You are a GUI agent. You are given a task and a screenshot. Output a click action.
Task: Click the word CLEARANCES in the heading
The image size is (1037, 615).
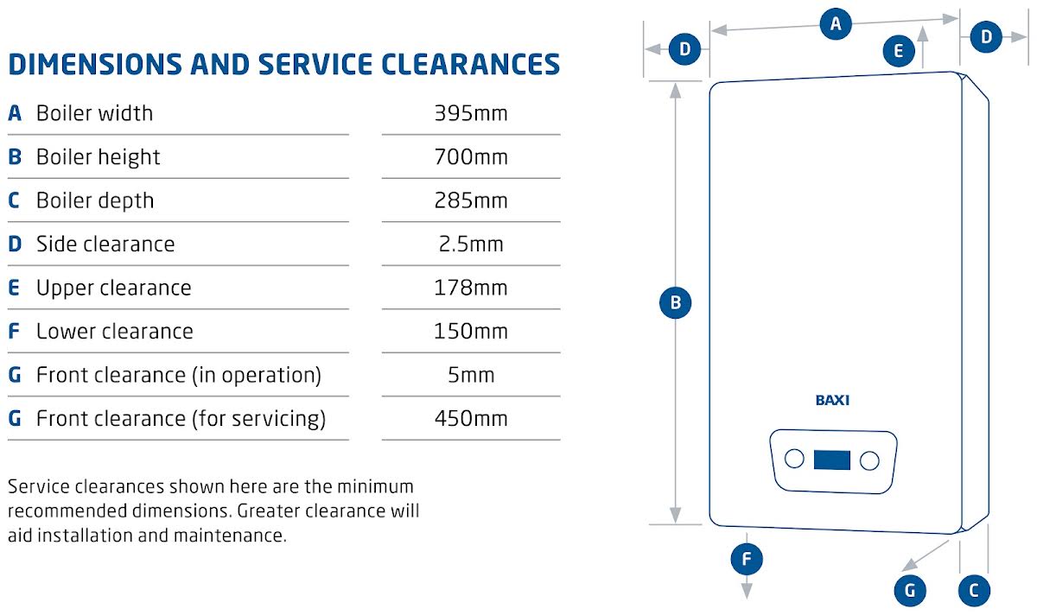[470, 64]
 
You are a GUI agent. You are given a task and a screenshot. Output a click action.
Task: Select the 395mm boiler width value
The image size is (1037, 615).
[471, 113]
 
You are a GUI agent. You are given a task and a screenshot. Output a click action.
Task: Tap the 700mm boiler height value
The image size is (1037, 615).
[471, 157]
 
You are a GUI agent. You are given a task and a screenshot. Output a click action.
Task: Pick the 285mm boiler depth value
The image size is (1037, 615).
[471, 200]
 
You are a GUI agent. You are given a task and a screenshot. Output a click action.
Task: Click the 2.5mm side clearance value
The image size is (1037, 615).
[471, 244]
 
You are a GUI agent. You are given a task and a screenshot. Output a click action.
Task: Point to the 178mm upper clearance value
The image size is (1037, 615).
[471, 288]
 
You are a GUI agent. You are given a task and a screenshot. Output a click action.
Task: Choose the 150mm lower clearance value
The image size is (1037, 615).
[471, 332]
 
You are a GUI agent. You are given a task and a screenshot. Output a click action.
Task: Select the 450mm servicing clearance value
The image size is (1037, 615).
[471, 419]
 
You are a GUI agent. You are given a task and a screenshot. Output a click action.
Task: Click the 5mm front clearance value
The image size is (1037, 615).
[471, 375]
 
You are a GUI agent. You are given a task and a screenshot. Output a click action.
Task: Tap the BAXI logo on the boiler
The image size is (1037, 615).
[832, 400]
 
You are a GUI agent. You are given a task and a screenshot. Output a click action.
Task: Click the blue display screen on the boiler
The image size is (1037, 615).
[832, 460]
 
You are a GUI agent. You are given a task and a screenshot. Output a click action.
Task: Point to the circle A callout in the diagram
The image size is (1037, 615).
[836, 23]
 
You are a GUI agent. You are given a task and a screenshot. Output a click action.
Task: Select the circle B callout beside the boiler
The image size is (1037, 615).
[676, 302]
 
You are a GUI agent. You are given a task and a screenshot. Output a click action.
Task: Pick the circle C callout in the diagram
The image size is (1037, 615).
[974, 591]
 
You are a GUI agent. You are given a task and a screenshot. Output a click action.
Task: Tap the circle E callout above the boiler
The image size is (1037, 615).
[899, 50]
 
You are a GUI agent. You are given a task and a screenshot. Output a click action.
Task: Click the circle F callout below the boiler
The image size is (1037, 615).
[747, 559]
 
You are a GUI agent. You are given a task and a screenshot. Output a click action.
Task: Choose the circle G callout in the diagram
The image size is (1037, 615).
[910, 591]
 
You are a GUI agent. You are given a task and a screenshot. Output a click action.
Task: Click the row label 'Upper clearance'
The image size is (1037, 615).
[114, 288]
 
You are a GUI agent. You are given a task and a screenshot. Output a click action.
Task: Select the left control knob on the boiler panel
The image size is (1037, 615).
[794, 459]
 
